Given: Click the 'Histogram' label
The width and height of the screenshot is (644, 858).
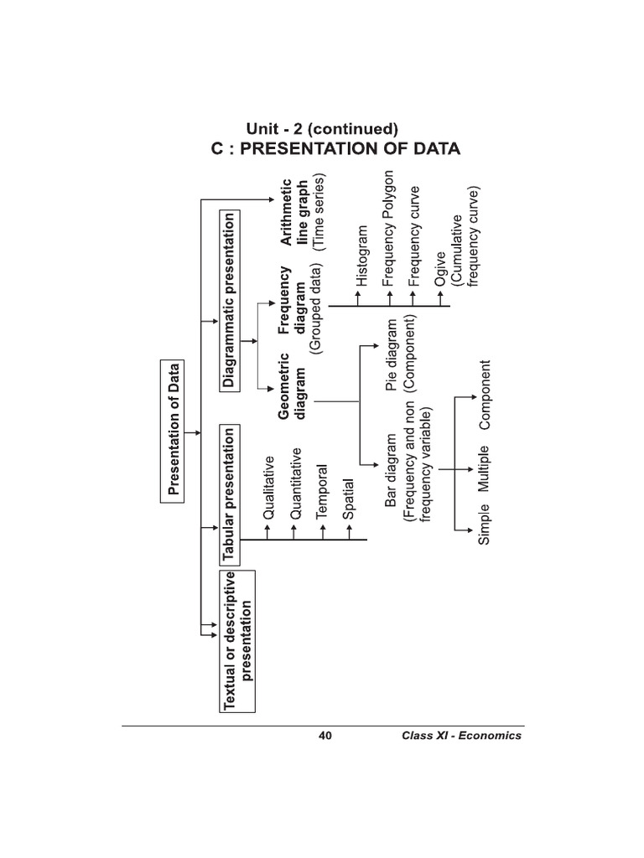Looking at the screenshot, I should [x=362, y=256].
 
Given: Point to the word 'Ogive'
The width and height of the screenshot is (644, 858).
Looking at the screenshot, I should [x=441, y=277].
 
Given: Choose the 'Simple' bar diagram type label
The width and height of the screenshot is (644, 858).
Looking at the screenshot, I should [x=483, y=525].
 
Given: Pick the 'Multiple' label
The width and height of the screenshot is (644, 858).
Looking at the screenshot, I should [x=483, y=468].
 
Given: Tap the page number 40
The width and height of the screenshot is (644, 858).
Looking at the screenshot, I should [x=325, y=736].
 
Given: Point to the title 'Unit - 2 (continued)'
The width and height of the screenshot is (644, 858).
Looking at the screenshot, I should [x=321, y=129].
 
